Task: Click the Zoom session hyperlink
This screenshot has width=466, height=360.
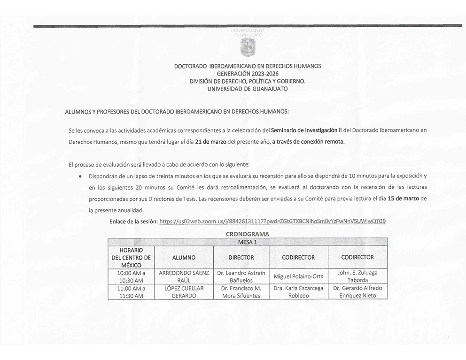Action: point(272,221)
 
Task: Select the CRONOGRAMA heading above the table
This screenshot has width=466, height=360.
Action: point(248,234)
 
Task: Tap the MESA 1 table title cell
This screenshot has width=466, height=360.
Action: point(248,242)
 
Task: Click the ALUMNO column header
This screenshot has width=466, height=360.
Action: point(184,257)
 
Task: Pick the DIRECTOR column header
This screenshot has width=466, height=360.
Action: point(241,257)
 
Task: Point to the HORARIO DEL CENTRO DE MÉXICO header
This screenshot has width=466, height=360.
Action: point(132,257)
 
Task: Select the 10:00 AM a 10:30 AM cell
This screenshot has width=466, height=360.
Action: point(132,276)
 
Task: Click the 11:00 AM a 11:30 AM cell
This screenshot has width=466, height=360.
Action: point(132,291)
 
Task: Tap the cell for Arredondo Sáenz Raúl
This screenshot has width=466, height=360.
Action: point(184,276)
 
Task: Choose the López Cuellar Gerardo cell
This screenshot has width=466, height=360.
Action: point(184,291)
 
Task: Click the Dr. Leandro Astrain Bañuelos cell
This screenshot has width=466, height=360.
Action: point(241,276)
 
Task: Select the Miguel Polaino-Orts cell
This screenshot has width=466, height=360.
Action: point(298,276)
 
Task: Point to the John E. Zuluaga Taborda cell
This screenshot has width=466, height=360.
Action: point(357,276)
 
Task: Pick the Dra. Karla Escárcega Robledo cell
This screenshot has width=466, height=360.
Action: point(298,291)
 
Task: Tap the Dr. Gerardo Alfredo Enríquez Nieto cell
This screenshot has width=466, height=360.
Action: point(357,291)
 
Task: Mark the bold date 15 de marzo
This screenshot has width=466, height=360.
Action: point(404,199)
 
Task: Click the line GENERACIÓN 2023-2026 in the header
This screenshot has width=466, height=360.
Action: point(248,74)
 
